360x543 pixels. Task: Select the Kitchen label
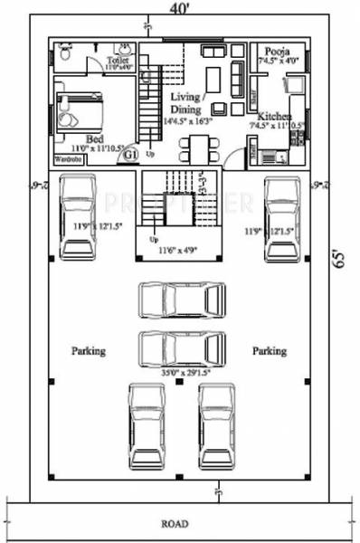[x=274, y=118]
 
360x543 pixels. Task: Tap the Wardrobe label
[x=70, y=158]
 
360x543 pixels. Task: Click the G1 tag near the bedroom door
[x=129, y=156]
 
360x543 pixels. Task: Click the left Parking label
[x=90, y=350]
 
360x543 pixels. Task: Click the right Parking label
[x=270, y=350]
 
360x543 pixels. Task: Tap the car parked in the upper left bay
[x=79, y=217]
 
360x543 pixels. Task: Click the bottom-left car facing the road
[x=147, y=425]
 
